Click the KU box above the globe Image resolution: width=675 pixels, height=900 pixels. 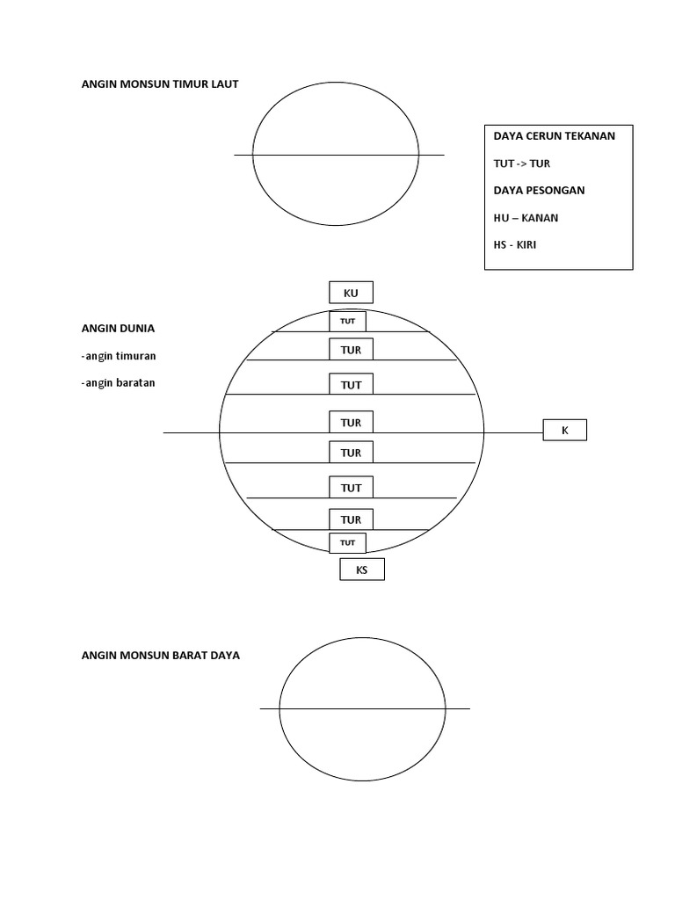[351, 292]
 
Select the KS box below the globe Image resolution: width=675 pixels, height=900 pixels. [362, 570]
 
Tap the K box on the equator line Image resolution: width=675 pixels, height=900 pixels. [565, 430]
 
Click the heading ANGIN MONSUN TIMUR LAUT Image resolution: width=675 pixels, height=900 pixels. [160, 83]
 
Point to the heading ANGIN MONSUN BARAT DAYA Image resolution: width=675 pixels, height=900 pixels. [161, 655]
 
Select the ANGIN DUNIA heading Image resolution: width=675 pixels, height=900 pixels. [119, 329]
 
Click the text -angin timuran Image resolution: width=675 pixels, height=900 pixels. [119, 356]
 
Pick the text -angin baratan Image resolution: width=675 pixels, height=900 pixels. [119, 383]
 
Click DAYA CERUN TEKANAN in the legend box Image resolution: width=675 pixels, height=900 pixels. [555, 136]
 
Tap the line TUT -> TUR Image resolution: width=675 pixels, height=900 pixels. [522, 163]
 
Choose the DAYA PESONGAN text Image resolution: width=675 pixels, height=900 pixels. [539, 190]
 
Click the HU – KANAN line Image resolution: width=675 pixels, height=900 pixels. [526, 218]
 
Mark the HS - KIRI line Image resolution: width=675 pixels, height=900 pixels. [515, 244]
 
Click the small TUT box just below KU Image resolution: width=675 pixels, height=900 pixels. [347, 322]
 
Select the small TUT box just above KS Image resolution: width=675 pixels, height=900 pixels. [347, 543]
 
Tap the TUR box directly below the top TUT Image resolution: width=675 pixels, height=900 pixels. [351, 350]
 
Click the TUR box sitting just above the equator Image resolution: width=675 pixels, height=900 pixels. [351, 422]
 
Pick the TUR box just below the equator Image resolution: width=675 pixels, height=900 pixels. [351, 453]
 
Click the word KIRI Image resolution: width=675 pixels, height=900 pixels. [526, 244]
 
